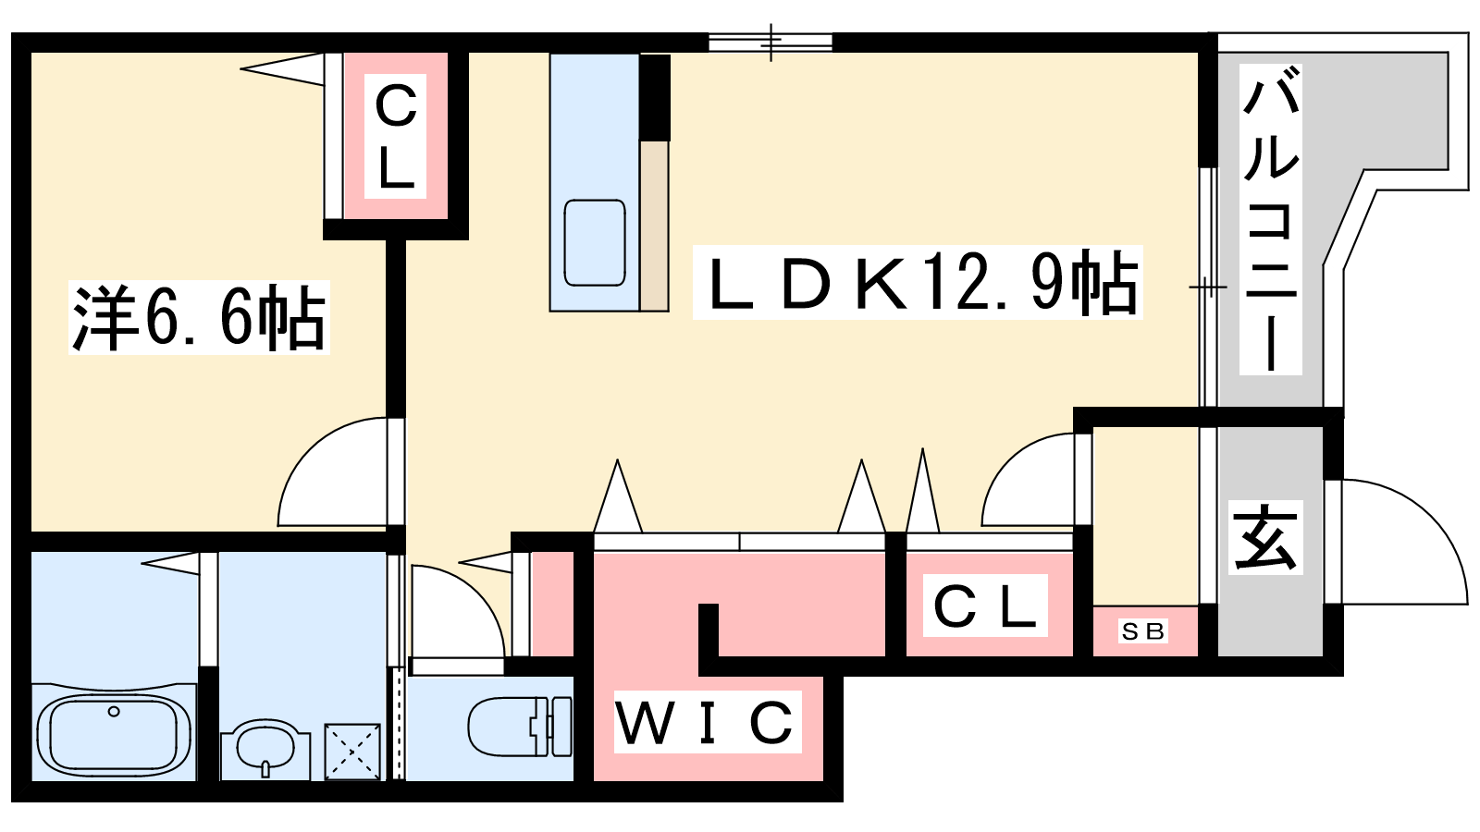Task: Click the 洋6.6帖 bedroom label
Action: tap(199, 318)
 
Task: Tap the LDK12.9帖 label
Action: tap(917, 283)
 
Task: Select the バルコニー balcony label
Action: tap(1270, 219)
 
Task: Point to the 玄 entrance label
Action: tap(1265, 537)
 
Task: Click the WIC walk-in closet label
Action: tap(708, 721)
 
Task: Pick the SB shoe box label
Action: tap(1143, 630)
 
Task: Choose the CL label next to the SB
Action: tap(984, 606)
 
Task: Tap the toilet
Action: tap(520, 727)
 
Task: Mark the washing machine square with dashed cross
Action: tap(352, 752)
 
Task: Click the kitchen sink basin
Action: tap(595, 242)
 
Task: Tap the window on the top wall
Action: tap(771, 43)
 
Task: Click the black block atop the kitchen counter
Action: tap(655, 97)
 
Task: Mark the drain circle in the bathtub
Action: tap(114, 711)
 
